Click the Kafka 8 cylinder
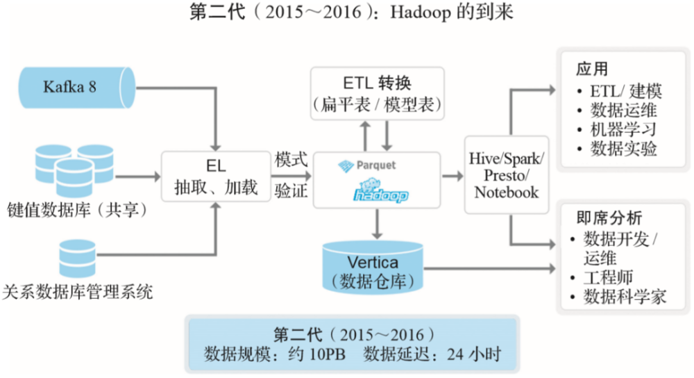76,88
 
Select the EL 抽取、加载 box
216,176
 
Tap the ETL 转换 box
377,94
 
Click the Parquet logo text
375,165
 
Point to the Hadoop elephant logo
380,190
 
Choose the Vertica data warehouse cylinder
373,268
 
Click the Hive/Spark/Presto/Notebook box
507,176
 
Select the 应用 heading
592,69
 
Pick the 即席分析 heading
609,217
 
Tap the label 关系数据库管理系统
78,292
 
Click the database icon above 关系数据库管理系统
78,258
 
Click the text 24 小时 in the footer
473,354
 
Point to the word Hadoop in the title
420,12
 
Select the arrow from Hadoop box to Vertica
377,224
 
